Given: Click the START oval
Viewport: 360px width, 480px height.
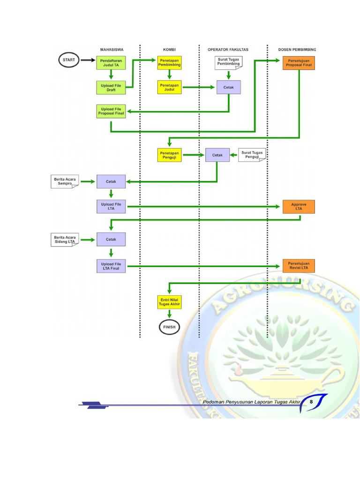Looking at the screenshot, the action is click(69, 60).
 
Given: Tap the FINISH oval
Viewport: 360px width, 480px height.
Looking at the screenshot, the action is click(169, 327).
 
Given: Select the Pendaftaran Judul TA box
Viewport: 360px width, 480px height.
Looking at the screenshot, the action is click(111, 63).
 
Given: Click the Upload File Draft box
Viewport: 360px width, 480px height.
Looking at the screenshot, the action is click(111, 88).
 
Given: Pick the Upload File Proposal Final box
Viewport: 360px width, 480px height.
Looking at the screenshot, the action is click(111, 111).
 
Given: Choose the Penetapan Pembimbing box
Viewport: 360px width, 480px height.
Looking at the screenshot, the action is click(169, 63).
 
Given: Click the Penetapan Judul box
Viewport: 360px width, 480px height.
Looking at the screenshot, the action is click(169, 87).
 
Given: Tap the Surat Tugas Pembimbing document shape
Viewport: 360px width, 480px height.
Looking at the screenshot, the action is click(229, 63).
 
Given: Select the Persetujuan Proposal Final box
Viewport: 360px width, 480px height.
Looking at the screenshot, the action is click(299, 63).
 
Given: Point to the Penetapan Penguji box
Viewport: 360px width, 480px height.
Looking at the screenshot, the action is click(169, 155).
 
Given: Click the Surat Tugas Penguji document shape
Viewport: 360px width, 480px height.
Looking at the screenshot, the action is click(252, 155).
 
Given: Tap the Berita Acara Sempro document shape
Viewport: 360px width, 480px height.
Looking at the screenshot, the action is click(65, 181).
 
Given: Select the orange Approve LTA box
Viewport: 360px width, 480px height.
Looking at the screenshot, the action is click(299, 207).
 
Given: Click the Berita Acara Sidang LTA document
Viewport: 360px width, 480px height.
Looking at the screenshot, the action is click(65, 240).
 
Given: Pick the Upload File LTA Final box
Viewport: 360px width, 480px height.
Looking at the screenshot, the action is click(111, 266).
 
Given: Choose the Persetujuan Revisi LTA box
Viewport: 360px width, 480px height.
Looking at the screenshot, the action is click(299, 266).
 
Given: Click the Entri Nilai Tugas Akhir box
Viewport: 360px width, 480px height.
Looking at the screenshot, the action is click(169, 302).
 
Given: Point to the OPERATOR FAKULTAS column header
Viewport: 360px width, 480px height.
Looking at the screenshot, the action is click(228, 50).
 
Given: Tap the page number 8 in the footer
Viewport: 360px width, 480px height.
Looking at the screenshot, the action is click(311, 402).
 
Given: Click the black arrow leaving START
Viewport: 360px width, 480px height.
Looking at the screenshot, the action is click(88, 60).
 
